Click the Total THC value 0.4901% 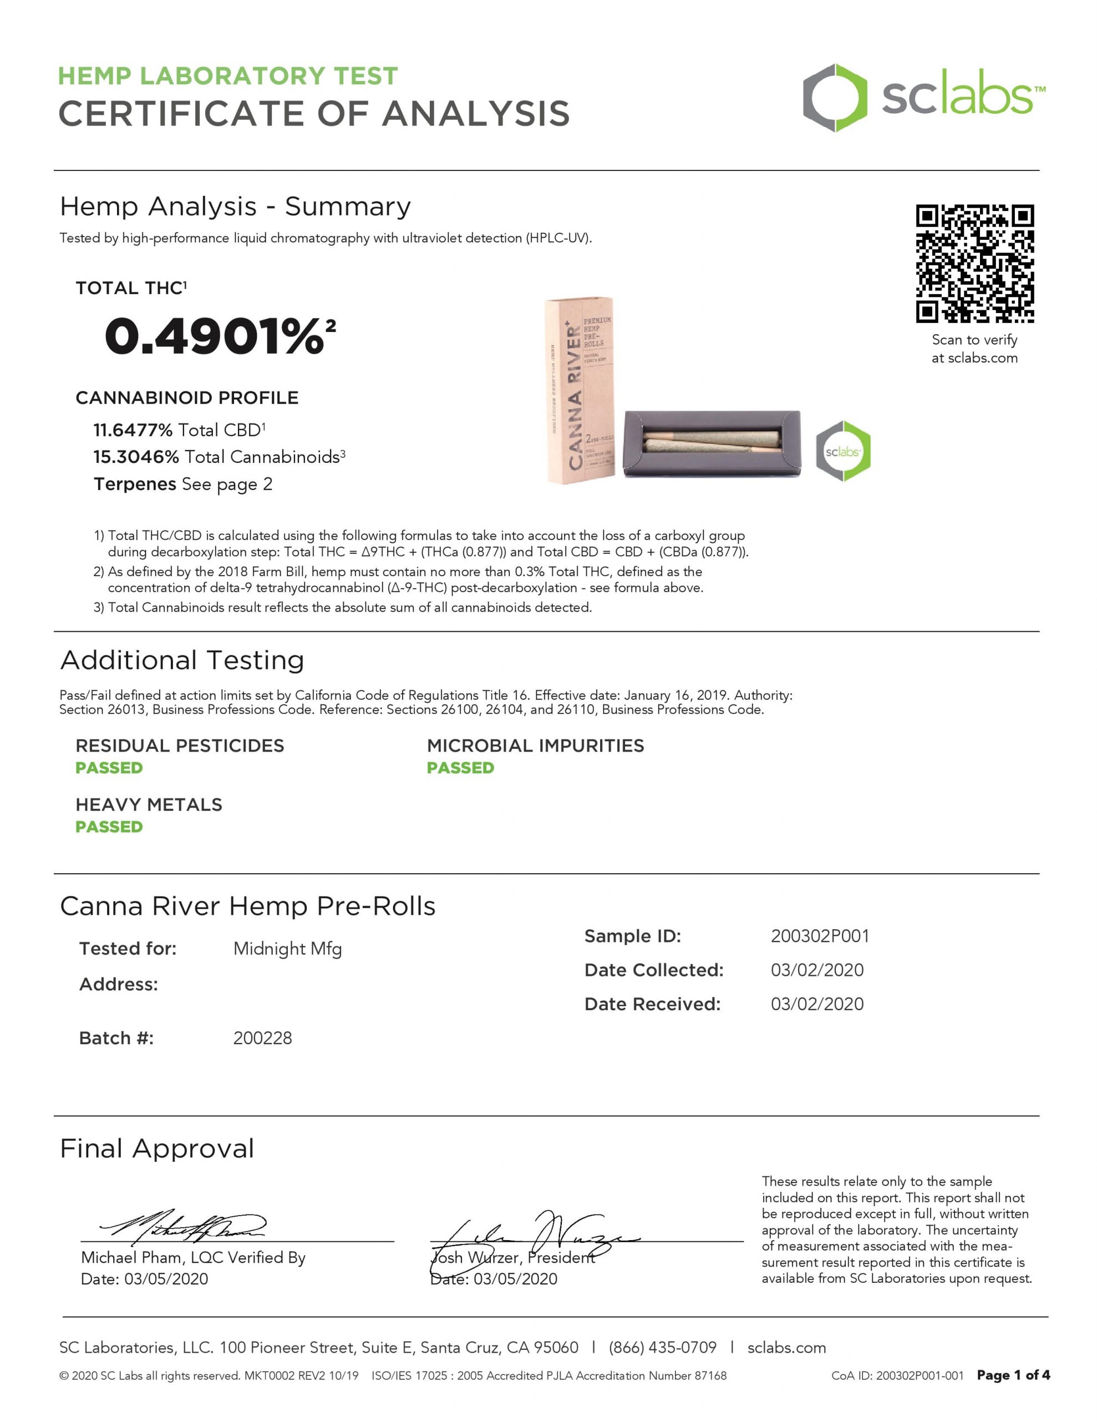215,336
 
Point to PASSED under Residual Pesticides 109,768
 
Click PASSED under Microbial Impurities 460,768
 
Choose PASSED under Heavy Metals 109,827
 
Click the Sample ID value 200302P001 819,936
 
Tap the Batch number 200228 262,1038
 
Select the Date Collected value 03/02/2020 817,970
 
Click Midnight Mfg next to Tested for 287,949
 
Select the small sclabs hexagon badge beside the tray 843,451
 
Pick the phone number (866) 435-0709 663,1348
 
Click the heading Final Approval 157,1149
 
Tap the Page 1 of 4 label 1013,1375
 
